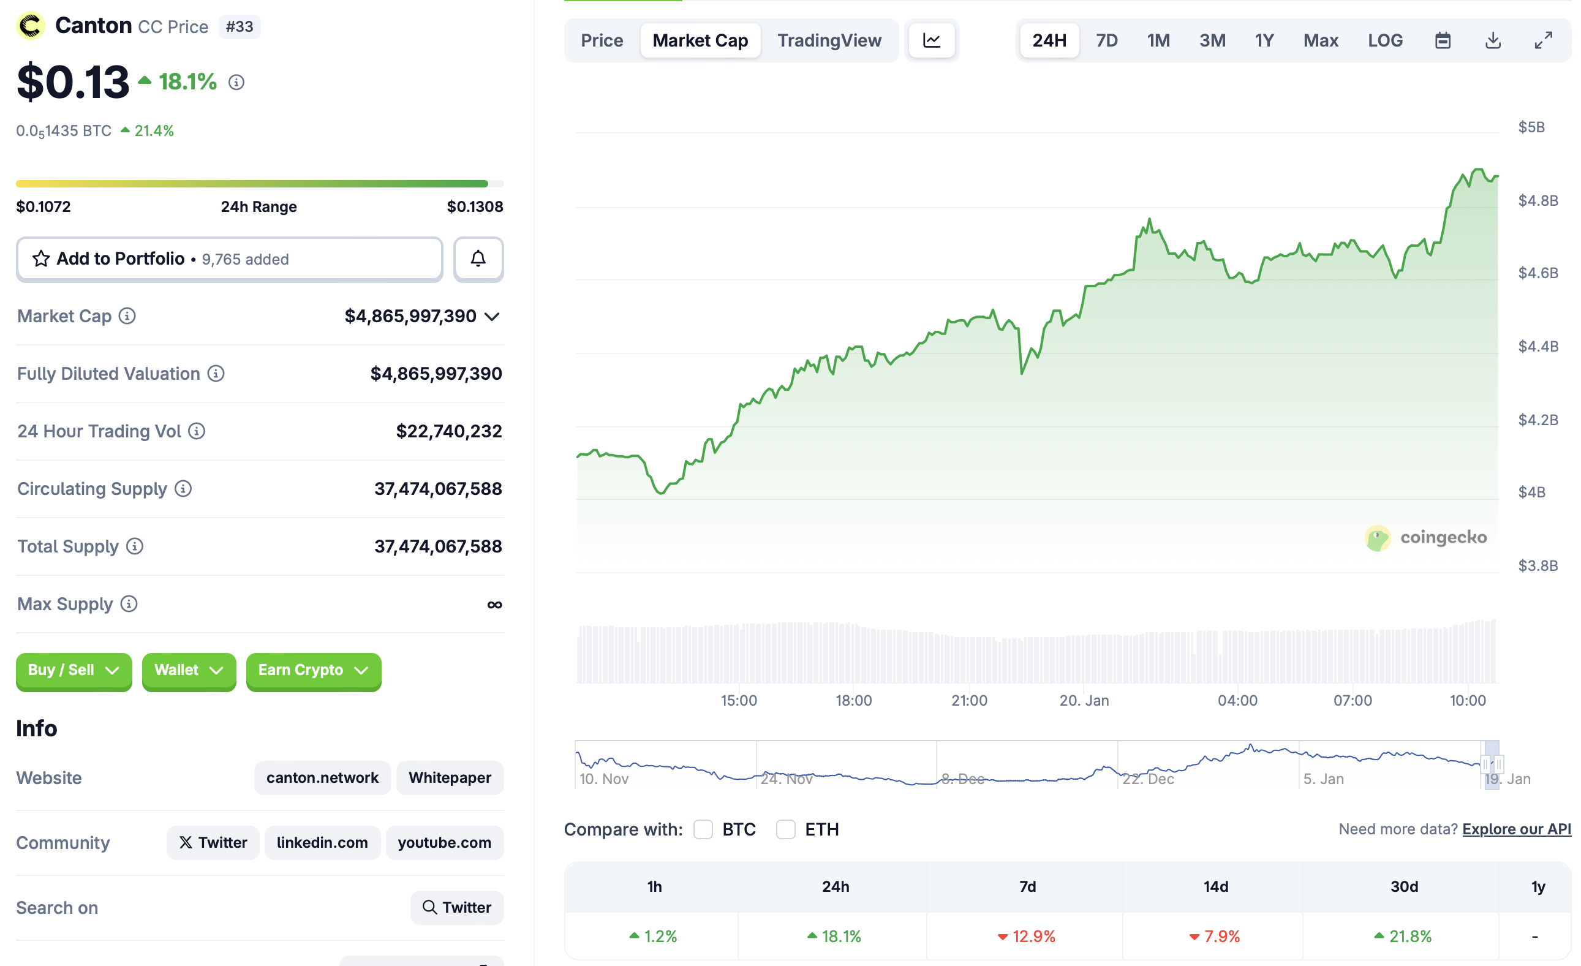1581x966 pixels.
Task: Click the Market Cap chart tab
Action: click(700, 40)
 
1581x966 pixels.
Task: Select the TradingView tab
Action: click(829, 40)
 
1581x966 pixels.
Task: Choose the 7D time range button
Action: click(1106, 40)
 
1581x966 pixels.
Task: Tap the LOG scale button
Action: click(1384, 40)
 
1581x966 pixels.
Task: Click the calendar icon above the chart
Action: click(1443, 40)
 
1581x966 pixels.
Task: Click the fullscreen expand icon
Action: click(1543, 40)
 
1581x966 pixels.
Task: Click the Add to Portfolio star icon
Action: click(41, 258)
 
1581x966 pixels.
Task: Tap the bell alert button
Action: click(478, 258)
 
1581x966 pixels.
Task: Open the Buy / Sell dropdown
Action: click(74, 670)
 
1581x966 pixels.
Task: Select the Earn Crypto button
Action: click(313, 670)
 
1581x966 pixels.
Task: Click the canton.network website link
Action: click(322, 777)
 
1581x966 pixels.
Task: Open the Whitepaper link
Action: click(450, 777)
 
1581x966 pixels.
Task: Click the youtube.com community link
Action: click(444, 842)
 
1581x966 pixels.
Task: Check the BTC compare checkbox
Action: click(703, 829)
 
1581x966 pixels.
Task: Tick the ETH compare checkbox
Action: click(785, 829)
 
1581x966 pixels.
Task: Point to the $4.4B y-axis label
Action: click(1538, 346)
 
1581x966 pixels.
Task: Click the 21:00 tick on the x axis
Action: click(969, 700)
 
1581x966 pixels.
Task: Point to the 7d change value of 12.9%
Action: click(1033, 937)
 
